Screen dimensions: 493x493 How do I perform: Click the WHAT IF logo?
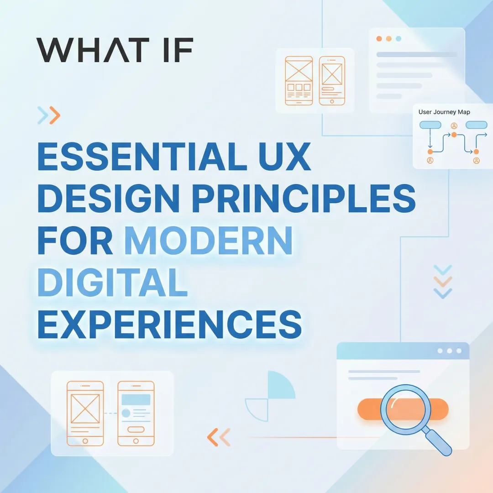coord(115,50)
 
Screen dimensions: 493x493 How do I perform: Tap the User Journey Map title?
coord(444,112)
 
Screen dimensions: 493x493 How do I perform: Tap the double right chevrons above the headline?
coord(49,115)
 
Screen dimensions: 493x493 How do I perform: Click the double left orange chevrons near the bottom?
coord(219,438)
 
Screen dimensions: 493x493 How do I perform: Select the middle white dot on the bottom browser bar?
coord(450,351)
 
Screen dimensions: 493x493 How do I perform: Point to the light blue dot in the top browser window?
coord(398,39)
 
